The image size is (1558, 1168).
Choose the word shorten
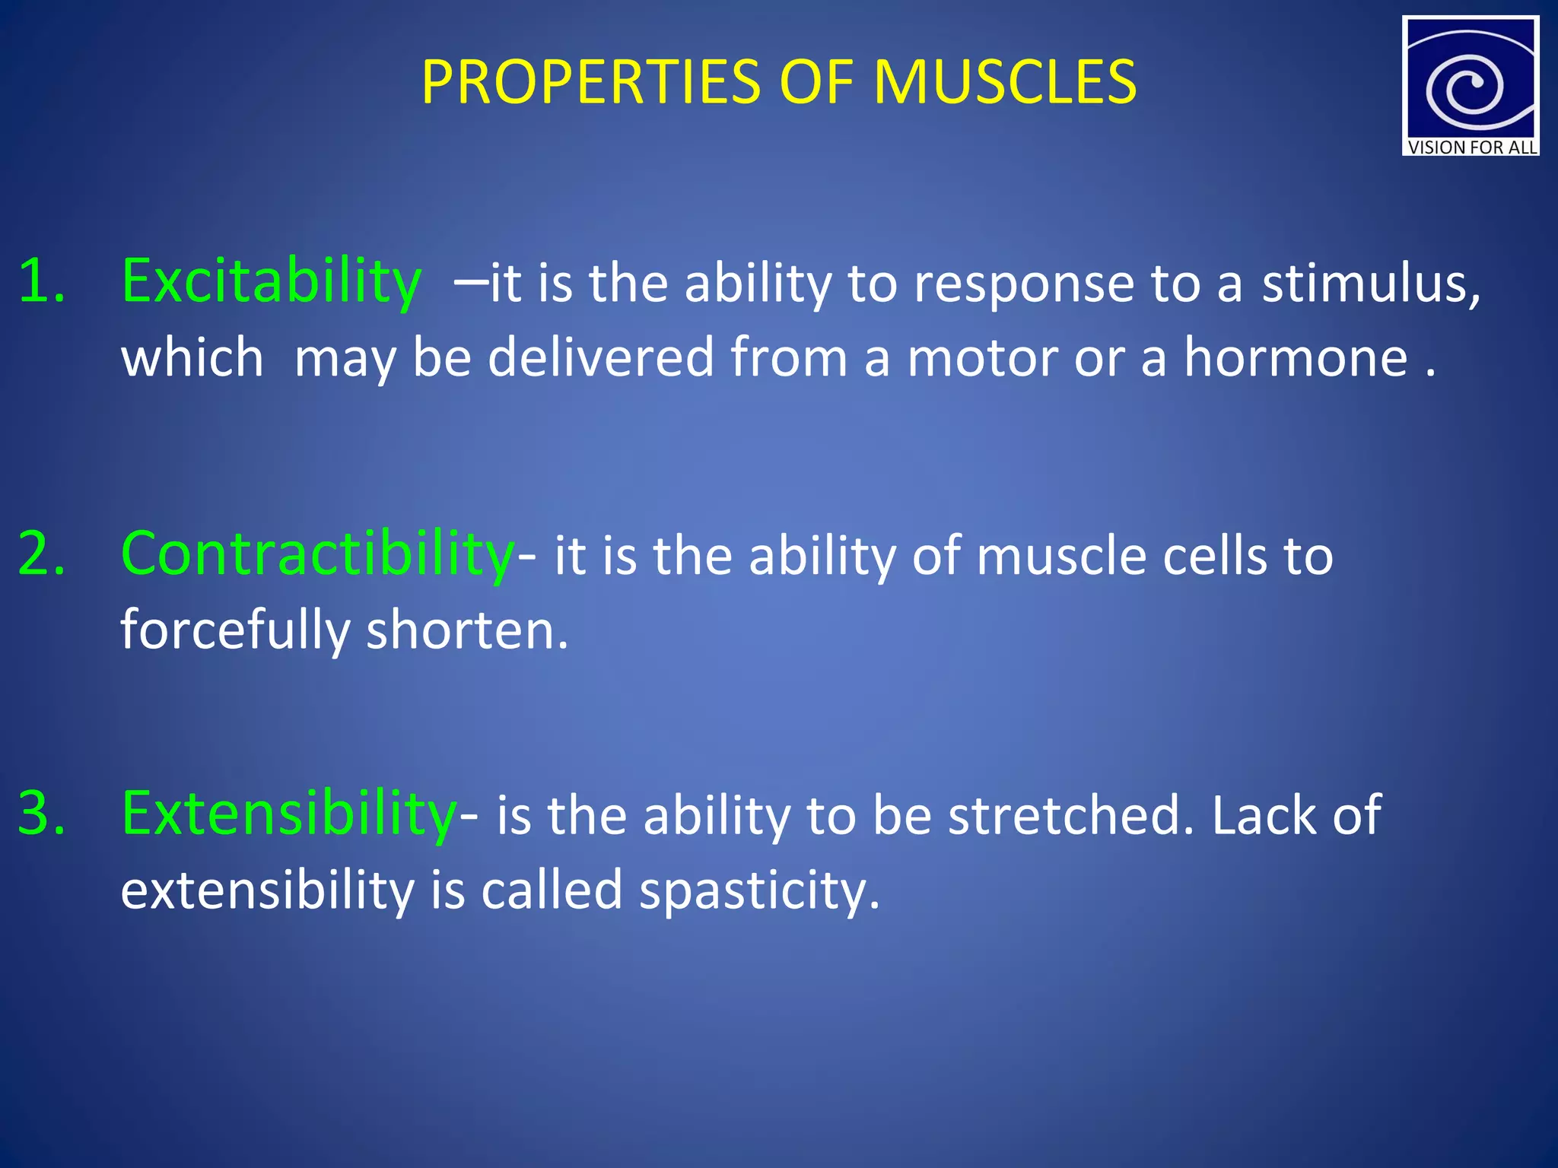466,631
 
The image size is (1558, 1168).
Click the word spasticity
758,891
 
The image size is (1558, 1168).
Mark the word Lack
1263,815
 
